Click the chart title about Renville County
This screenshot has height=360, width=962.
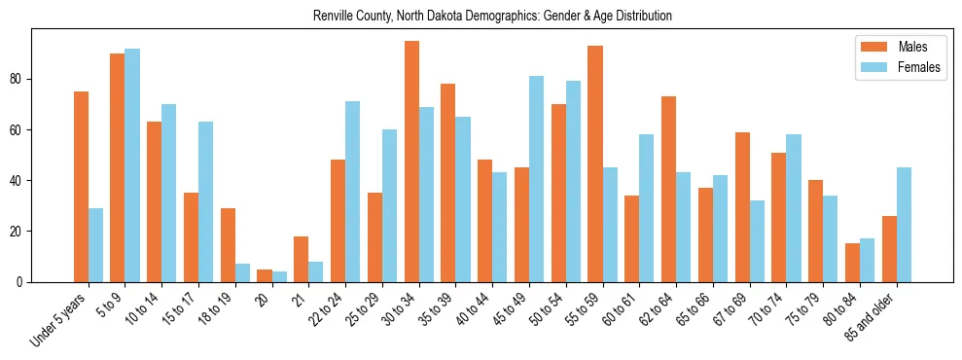(x=492, y=17)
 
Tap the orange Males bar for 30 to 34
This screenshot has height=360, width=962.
(x=411, y=162)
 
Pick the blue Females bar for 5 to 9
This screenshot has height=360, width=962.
(x=132, y=165)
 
